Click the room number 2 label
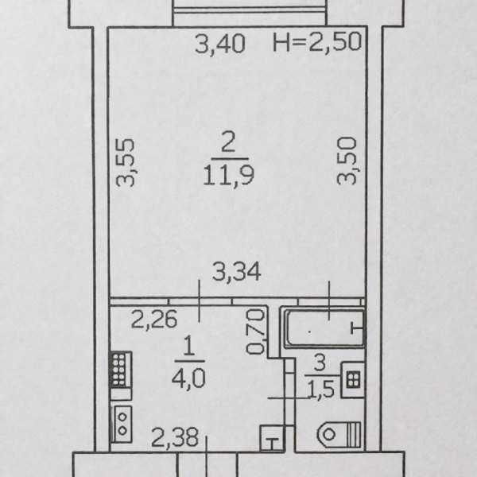(228, 143)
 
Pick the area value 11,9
(228, 173)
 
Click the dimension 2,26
(153, 321)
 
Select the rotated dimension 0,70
(256, 333)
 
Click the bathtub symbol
(324, 327)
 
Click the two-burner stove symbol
(122, 421)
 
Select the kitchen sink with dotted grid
(121, 371)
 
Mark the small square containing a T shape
(271, 436)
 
